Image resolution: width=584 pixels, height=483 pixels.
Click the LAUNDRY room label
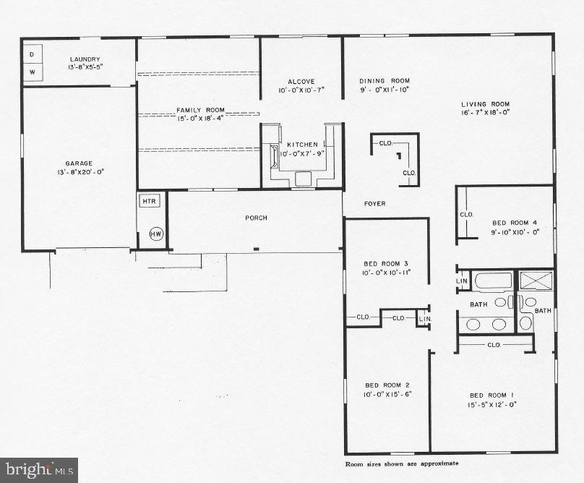pos(85,59)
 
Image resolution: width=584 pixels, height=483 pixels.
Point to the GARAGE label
pos(78,163)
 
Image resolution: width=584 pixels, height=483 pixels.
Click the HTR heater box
pos(149,201)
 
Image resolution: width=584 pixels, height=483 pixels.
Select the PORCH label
pos(257,218)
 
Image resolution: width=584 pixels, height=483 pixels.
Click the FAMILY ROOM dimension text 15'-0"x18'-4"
pos(200,119)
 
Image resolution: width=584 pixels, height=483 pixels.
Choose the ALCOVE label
pos(300,82)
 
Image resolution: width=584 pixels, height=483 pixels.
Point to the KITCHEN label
pos(302,145)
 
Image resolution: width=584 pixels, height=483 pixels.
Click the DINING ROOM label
pos(385,81)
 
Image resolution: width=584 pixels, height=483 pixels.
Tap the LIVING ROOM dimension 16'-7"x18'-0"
pos(486,113)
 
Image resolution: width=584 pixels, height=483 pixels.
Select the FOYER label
pos(374,204)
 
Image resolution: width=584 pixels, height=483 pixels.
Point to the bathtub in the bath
pos(494,281)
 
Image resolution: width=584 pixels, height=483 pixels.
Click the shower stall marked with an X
pos(536,280)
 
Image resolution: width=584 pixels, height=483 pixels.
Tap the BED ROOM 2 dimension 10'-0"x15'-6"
pos(386,394)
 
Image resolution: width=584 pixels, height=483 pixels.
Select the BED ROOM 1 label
pos(492,394)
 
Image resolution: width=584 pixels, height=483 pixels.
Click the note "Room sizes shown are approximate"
pos(401,463)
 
